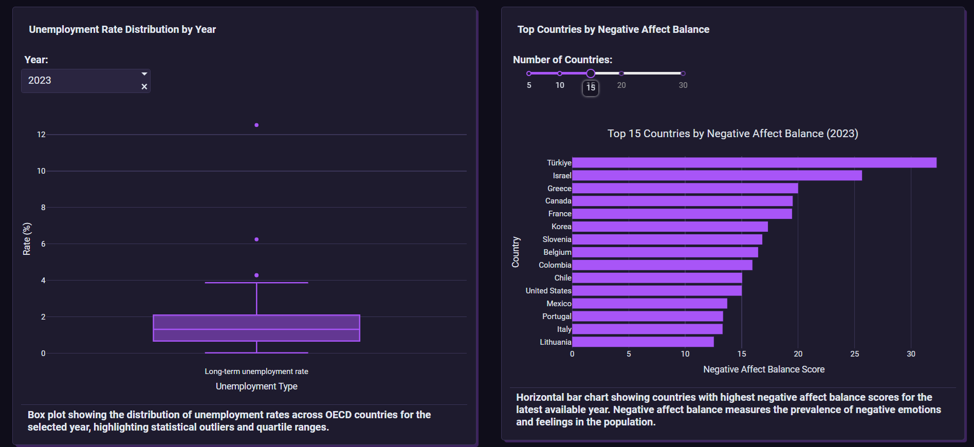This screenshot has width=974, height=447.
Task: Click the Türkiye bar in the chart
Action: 754,163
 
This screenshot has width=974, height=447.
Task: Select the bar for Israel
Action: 717,176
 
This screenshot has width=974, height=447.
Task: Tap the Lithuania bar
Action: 642,342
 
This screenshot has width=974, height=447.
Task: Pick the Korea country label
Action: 561,227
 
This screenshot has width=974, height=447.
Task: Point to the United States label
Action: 548,291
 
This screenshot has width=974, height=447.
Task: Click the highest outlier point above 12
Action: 256,125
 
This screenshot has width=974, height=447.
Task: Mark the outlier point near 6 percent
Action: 256,239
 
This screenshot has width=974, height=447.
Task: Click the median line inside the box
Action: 256,329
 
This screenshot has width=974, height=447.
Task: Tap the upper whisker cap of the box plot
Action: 256,283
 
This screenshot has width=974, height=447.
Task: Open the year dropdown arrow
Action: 144,74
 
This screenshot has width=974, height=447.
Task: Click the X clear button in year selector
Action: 144,87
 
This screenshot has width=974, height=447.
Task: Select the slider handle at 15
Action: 591,73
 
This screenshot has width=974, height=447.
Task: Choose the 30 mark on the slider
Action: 683,73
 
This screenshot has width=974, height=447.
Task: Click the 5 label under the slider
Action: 529,85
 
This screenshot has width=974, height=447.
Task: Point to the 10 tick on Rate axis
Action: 41,171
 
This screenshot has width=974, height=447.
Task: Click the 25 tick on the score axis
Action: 854,354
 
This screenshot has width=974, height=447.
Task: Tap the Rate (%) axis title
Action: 27,239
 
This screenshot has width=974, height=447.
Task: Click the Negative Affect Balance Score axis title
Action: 764,369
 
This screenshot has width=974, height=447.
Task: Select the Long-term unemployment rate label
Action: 256,371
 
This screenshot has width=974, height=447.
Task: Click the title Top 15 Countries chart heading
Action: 732,134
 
